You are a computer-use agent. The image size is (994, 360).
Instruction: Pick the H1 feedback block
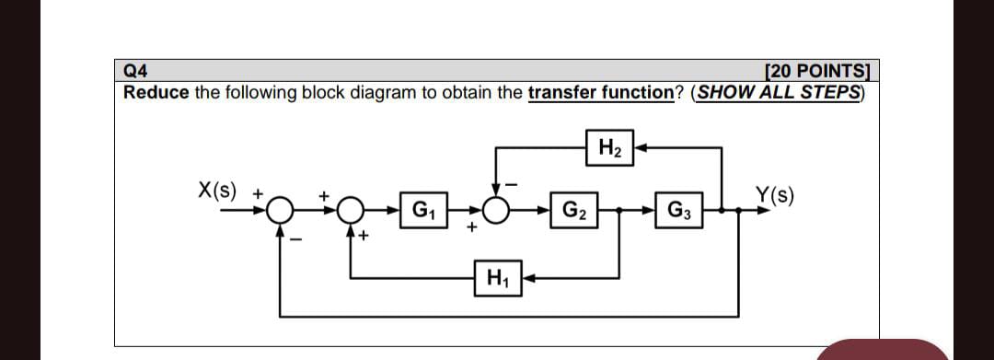[497, 275]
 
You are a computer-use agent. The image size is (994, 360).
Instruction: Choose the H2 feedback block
[608, 146]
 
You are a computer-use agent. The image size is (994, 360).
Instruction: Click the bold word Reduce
[156, 93]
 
